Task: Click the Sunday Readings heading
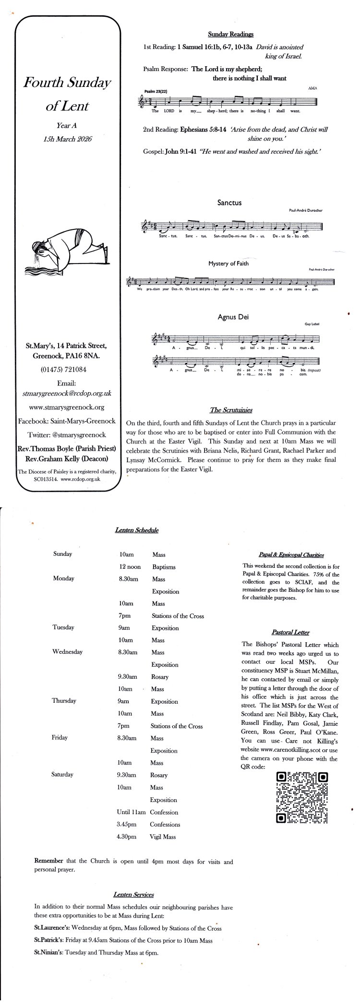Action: [x=230, y=34]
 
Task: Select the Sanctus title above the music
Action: [x=229, y=203]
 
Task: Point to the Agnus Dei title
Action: [x=233, y=317]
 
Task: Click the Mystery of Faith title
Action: [x=228, y=264]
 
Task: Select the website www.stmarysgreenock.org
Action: [x=67, y=408]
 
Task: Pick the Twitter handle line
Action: [x=67, y=435]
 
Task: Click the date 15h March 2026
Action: [x=67, y=139]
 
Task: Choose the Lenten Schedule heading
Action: [x=137, y=530]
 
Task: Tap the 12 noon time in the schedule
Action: [x=130, y=567]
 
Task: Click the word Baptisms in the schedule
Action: [x=164, y=567]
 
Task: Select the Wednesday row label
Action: [x=67, y=652]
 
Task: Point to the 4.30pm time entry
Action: [x=126, y=837]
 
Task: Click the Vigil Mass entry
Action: [x=163, y=837]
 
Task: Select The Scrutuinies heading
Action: [x=231, y=410]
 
